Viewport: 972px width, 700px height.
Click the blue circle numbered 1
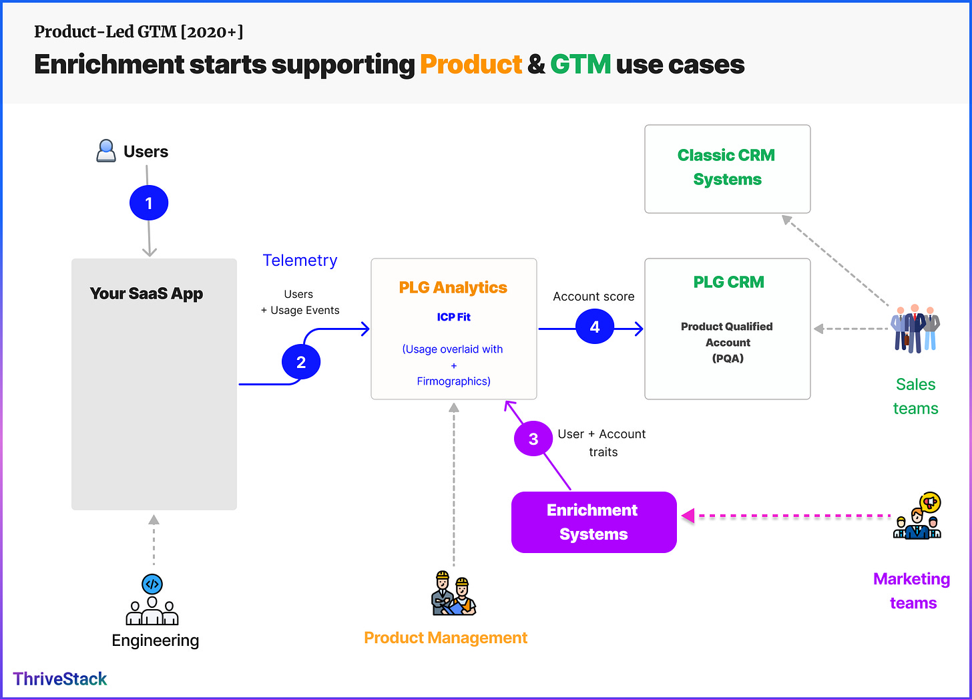click(x=149, y=203)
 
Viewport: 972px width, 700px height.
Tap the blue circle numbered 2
click(x=301, y=362)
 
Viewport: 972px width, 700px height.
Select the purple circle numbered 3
click(x=533, y=439)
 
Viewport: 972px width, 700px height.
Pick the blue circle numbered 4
click(x=594, y=326)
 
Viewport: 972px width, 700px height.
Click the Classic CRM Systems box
click(x=727, y=169)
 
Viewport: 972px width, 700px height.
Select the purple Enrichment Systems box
click(x=593, y=522)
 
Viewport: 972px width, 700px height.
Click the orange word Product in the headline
click(x=471, y=65)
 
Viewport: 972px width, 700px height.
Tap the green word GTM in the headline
click(x=581, y=64)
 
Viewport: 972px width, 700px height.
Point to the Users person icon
click(x=106, y=151)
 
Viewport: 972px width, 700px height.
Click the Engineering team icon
click(x=152, y=599)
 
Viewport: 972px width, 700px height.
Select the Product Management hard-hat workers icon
click(x=453, y=593)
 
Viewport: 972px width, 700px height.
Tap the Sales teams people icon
click(x=915, y=328)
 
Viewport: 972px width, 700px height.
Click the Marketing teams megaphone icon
click(x=917, y=516)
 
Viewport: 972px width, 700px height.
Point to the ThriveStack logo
click(x=60, y=679)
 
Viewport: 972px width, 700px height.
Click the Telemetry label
click(x=300, y=260)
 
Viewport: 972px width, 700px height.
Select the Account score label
click(x=593, y=296)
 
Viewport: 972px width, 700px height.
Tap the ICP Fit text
click(x=453, y=317)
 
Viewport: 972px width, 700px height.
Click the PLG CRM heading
click(x=728, y=282)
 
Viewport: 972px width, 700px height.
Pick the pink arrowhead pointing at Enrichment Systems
click(x=688, y=516)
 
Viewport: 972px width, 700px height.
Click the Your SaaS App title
click(x=146, y=293)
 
